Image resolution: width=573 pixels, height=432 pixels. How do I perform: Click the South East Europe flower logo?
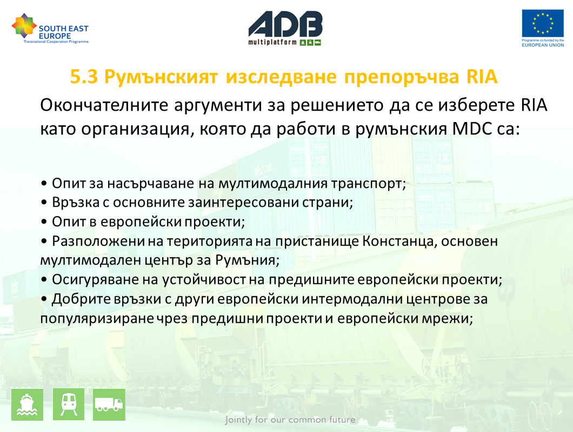point(24,26)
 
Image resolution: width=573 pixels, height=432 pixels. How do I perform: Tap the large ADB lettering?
point(285,24)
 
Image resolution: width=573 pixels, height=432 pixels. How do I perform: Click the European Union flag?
point(543,23)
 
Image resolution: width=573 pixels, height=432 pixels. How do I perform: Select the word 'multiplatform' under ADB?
point(272,42)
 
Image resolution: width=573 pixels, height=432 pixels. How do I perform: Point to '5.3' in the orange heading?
point(84,77)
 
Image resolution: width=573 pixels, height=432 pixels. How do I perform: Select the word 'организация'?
point(135,130)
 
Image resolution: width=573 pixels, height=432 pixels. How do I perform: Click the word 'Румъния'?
point(247,260)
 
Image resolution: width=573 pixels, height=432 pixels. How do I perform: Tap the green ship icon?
point(28,404)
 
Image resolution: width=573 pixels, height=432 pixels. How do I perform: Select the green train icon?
point(69,404)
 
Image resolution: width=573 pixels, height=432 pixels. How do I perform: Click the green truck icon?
point(109,404)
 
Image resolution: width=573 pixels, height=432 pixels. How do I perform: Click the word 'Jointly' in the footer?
point(238,420)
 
